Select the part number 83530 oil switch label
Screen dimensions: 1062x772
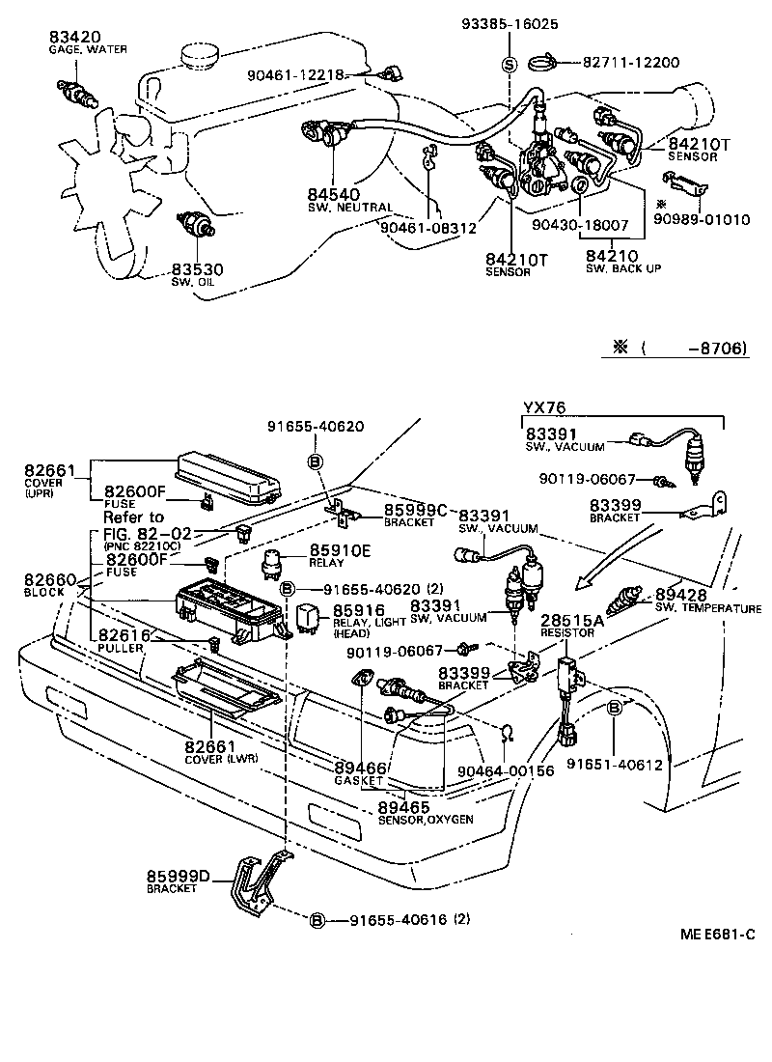click(x=197, y=269)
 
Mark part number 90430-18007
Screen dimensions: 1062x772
click(x=581, y=224)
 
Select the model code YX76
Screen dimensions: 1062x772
click(x=544, y=406)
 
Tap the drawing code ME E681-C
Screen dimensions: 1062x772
click(x=716, y=934)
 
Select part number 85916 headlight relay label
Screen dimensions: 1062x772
click(x=359, y=610)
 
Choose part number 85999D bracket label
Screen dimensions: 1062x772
click(x=179, y=876)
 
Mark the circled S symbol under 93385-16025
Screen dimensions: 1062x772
click(x=509, y=65)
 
